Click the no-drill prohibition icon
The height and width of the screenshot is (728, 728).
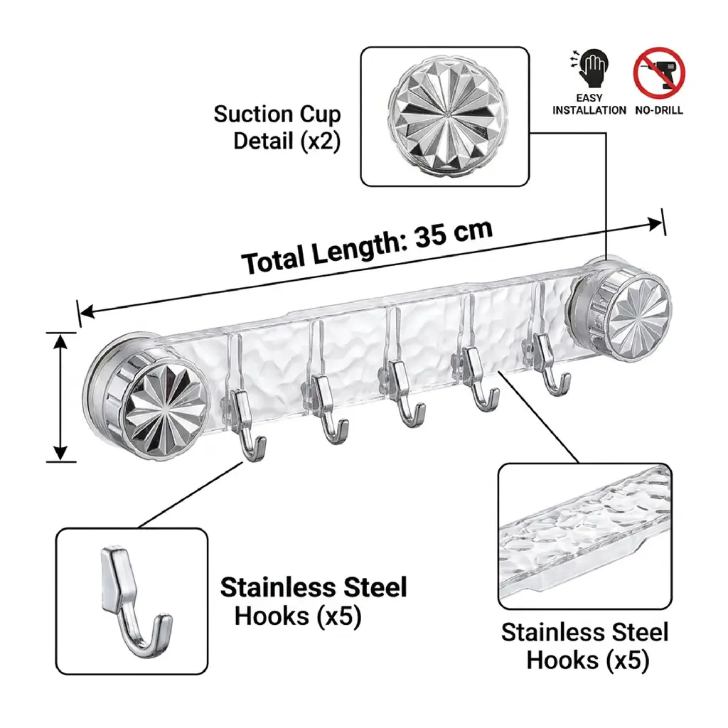[659, 73]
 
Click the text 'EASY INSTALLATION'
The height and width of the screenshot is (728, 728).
[589, 104]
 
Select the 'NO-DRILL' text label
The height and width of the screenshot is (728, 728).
[659, 110]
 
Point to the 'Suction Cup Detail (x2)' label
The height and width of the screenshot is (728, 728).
[277, 127]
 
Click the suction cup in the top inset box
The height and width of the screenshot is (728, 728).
[445, 117]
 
